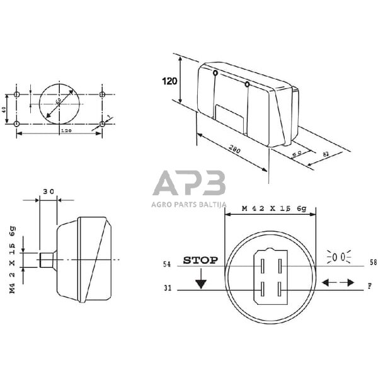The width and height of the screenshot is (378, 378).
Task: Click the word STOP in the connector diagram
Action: click(x=200, y=260)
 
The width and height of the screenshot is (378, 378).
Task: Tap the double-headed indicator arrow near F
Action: click(x=338, y=283)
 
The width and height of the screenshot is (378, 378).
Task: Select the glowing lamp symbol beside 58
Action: click(x=338, y=257)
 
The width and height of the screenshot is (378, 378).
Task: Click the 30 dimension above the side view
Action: click(x=49, y=191)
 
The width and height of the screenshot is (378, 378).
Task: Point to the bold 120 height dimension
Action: click(x=169, y=81)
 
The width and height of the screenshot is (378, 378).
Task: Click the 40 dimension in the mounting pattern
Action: click(x=4, y=110)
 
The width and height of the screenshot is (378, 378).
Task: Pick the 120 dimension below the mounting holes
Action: click(x=65, y=130)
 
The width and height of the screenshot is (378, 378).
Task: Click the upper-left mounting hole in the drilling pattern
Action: click(x=18, y=94)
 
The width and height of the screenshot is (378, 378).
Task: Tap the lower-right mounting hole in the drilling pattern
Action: click(x=102, y=125)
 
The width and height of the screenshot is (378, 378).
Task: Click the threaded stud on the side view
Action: click(x=47, y=259)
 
